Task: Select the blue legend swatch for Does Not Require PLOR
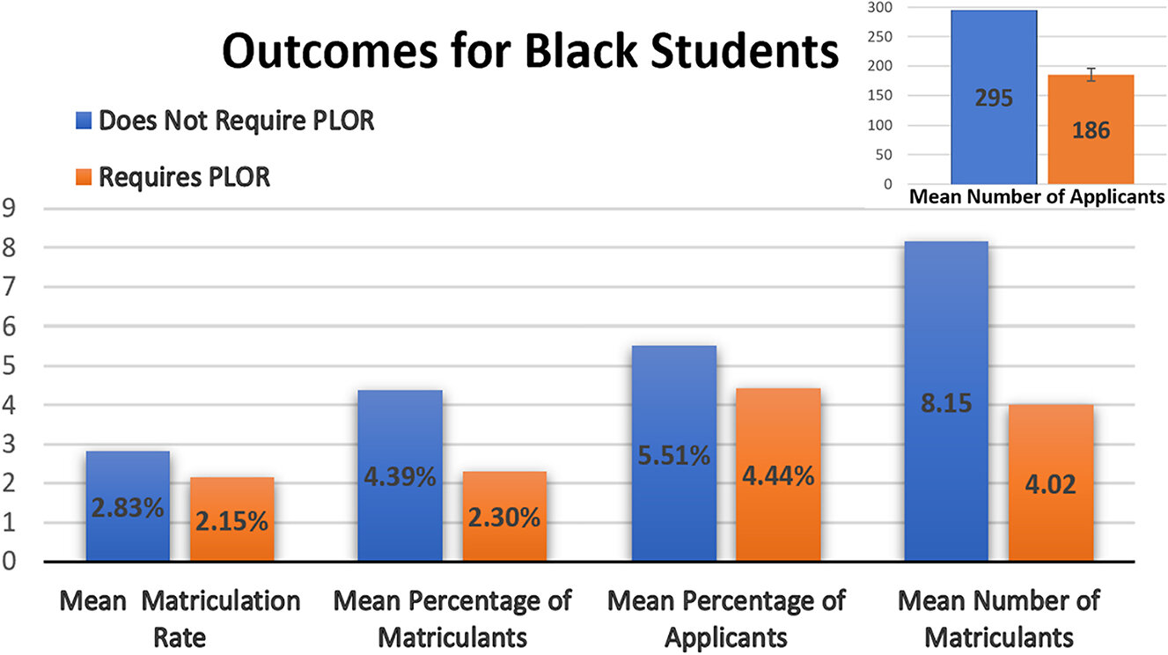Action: pos(84,121)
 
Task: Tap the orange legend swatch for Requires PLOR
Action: pos(84,177)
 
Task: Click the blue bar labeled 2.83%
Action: pos(128,506)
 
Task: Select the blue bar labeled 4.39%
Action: pos(400,475)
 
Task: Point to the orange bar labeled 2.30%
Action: pos(504,517)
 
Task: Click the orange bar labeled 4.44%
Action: pos(778,475)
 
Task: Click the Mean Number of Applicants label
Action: pos(1036,196)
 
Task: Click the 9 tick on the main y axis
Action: pos(11,210)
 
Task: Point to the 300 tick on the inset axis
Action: pos(877,8)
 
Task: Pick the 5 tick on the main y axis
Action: pos(11,366)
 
